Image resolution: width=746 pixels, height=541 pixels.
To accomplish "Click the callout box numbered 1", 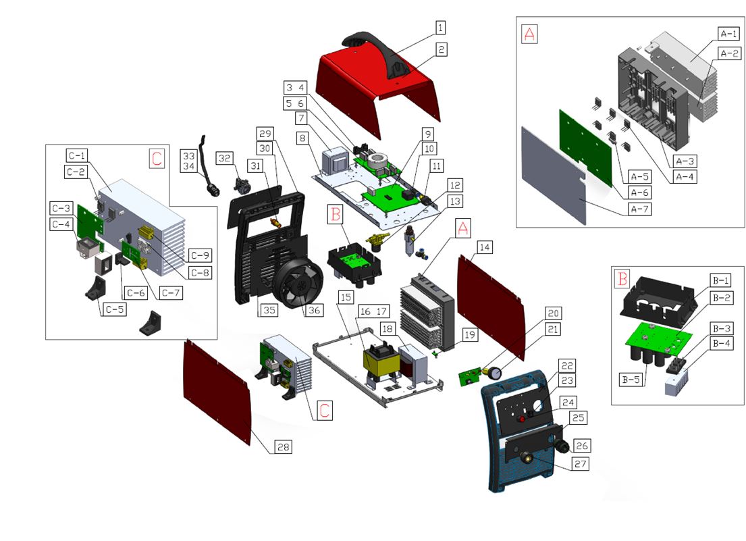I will point(440,28).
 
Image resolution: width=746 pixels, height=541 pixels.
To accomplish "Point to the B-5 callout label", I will point(631,380).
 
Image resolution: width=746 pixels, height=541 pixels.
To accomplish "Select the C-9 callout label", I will point(198,255).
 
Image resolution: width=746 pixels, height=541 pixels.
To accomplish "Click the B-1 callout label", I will point(723,280).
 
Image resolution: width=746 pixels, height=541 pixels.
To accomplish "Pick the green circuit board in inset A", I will point(584,139).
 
